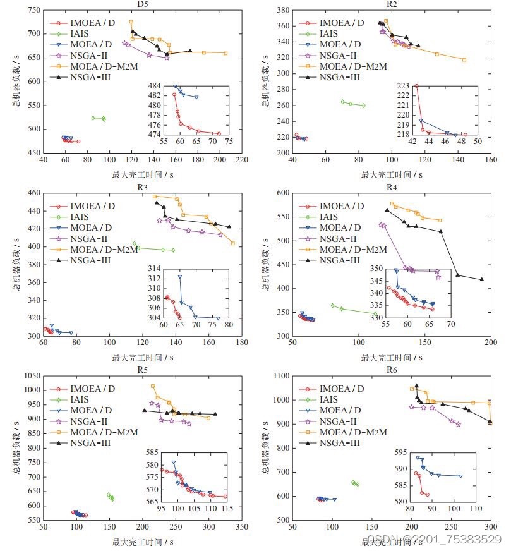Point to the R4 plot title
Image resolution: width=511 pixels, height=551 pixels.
click(x=390, y=187)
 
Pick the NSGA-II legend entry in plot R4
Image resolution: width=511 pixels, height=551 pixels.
click(x=338, y=239)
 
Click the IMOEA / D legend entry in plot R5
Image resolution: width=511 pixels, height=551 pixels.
click(x=93, y=389)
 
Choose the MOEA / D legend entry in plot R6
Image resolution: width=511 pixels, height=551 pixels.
click(x=340, y=410)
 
